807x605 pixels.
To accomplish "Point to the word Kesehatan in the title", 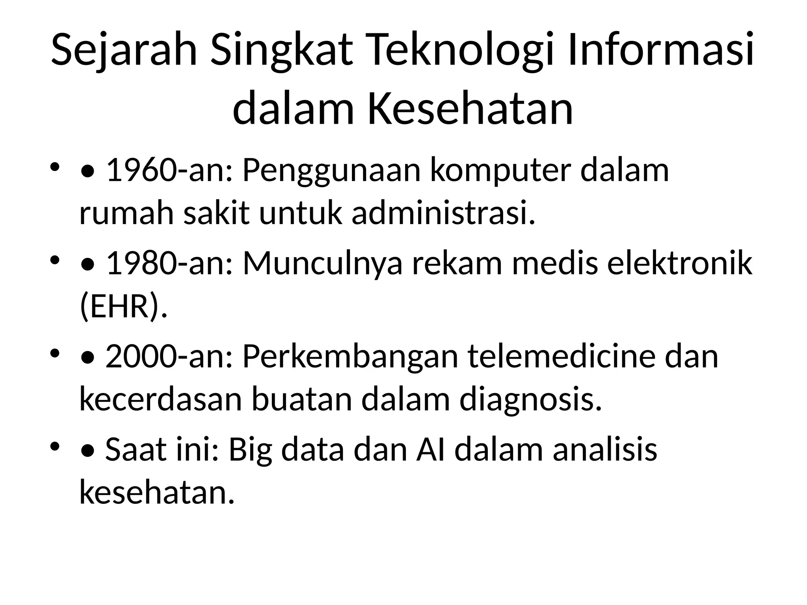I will tap(470, 108).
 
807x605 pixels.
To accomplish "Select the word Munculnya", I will tap(323, 264).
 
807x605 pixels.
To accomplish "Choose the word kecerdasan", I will tap(160, 399).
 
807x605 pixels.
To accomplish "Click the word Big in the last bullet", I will tap(251, 450).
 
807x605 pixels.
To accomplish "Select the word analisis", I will tap(605, 450).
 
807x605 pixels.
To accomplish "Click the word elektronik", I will tap(680, 264).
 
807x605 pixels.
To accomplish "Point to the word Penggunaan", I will tap(331, 171).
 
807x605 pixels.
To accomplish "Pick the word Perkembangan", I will tap(350, 356).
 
